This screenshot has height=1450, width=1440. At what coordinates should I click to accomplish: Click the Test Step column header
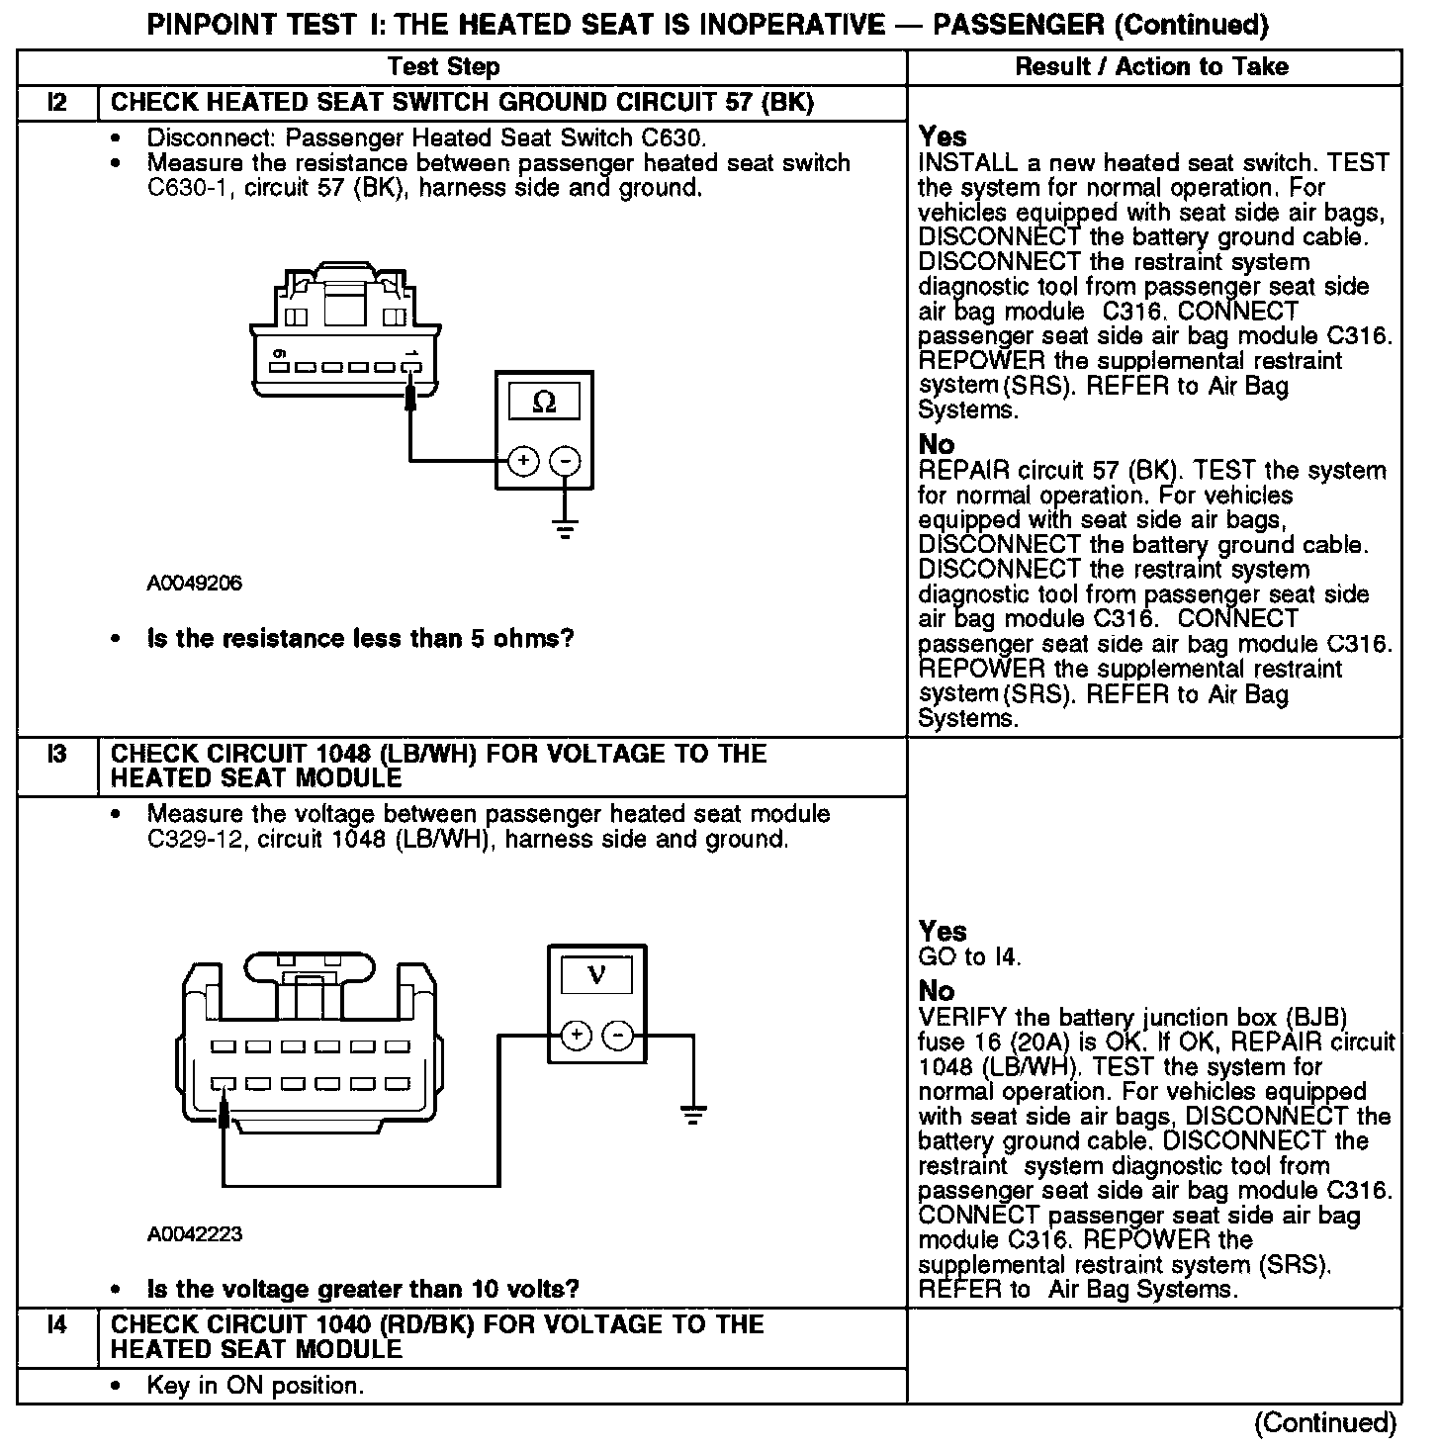click(443, 67)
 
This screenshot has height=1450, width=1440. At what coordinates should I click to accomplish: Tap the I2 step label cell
click(57, 103)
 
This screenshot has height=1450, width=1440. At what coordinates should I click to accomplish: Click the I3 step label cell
click(57, 754)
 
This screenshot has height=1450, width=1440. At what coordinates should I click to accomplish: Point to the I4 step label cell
click(57, 1324)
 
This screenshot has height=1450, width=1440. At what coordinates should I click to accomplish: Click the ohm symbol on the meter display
click(544, 403)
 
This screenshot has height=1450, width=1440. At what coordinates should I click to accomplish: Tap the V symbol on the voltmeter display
click(596, 975)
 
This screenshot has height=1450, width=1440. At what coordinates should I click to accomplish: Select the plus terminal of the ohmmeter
click(523, 461)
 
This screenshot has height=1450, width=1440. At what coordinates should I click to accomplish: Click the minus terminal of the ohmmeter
click(565, 461)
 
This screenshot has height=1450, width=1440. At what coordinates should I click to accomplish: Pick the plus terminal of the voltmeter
click(576, 1036)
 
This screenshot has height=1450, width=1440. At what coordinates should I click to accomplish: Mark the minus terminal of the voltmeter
click(618, 1036)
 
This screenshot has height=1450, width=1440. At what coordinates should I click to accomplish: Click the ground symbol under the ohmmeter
click(565, 529)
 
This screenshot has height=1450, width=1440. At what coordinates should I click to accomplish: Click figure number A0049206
click(194, 584)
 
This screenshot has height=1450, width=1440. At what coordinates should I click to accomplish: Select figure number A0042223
click(194, 1234)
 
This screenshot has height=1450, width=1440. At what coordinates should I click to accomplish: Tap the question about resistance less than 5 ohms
click(360, 639)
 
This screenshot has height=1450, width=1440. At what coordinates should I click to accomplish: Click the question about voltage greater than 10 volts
click(362, 1289)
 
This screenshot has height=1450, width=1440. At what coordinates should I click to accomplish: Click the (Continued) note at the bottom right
click(1325, 1422)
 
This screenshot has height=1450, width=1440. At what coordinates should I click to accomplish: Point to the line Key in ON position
click(255, 1386)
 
